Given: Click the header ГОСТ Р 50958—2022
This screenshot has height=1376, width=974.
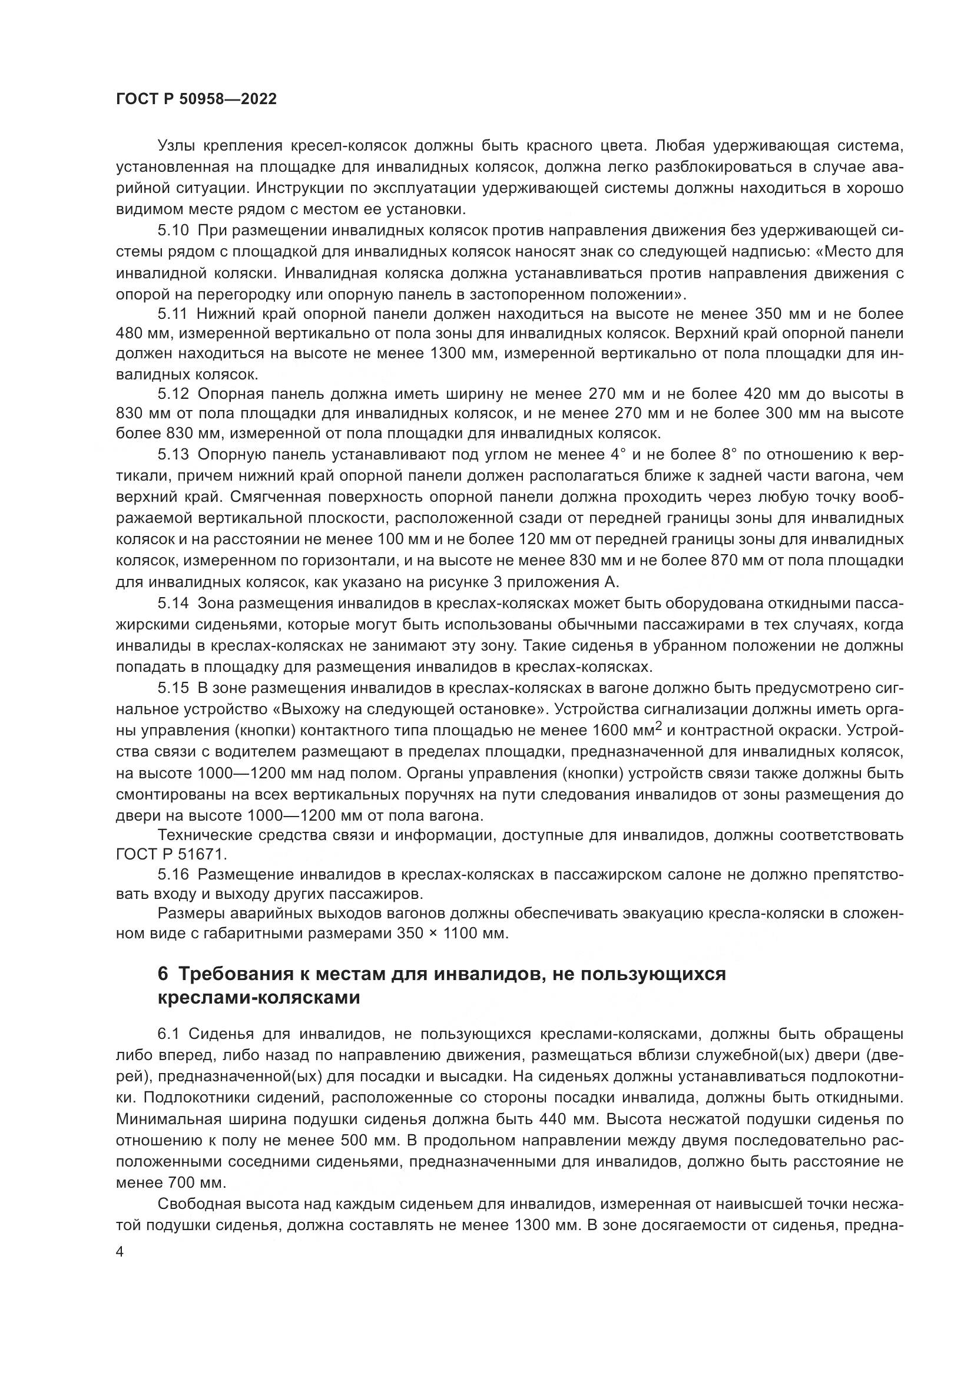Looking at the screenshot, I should tap(196, 99).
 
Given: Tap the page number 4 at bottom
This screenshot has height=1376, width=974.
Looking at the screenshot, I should tap(120, 1252).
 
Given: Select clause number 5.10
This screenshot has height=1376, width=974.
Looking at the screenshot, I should tap(173, 231).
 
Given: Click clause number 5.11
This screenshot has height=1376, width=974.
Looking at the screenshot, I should tap(173, 314).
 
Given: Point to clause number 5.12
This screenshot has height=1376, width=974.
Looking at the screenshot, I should tap(173, 394).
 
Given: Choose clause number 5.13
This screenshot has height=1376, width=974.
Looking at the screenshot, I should tap(173, 454).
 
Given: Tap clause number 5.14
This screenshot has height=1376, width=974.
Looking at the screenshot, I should tap(173, 603).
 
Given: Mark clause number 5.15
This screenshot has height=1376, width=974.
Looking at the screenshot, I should tap(173, 689).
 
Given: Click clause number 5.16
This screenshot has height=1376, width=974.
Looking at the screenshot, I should tap(173, 874).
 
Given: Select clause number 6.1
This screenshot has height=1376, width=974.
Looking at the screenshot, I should tap(168, 1034).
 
